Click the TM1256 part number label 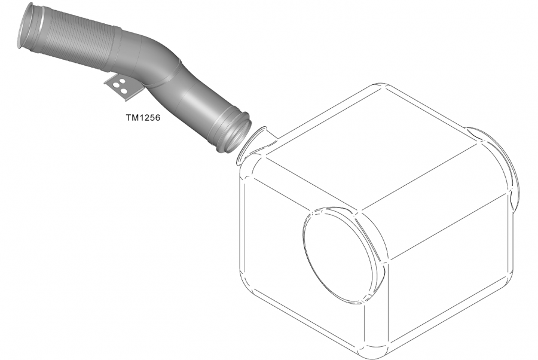point(143,118)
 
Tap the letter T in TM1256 point(129,118)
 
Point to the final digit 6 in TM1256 point(157,118)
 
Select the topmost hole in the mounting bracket point(122,81)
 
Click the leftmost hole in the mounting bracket point(115,84)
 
